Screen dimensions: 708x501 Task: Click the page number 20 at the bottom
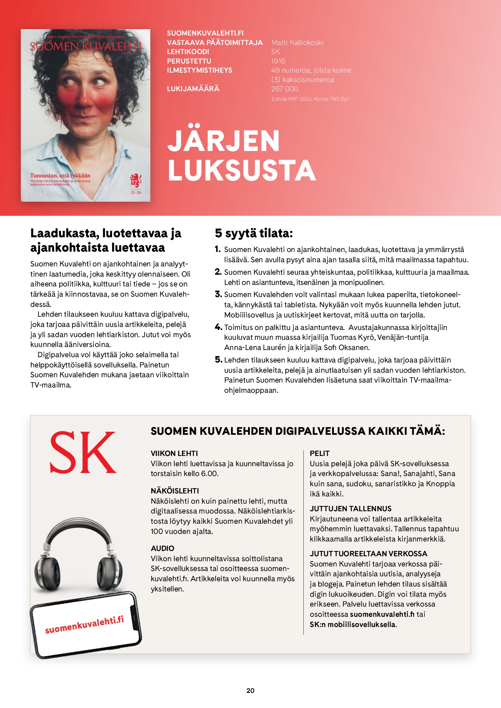click(250, 691)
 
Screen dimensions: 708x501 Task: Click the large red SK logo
click(83, 453)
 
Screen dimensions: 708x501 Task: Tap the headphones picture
click(78, 554)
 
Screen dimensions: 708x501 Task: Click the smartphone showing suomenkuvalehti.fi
click(85, 625)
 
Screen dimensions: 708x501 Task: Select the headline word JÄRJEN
click(223, 141)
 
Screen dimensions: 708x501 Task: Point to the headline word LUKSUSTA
click(242, 170)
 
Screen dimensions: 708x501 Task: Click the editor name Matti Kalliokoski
click(297, 42)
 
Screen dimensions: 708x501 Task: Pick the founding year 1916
click(278, 61)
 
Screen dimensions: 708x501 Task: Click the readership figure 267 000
click(284, 89)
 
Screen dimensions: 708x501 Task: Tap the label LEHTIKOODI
click(188, 52)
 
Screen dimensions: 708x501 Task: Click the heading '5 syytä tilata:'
click(254, 233)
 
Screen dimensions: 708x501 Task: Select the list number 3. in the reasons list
click(218, 294)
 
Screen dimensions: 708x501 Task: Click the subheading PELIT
click(320, 453)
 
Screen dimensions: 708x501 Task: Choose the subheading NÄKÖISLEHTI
click(175, 491)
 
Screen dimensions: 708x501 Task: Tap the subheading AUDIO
click(162, 548)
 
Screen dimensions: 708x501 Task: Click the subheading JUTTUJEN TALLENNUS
click(350, 509)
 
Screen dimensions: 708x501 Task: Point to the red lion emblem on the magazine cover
click(136, 181)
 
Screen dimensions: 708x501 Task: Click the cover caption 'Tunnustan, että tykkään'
click(60, 176)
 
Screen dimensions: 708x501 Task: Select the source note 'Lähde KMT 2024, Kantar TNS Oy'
click(309, 99)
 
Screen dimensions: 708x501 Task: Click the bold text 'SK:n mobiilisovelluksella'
click(353, 624)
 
